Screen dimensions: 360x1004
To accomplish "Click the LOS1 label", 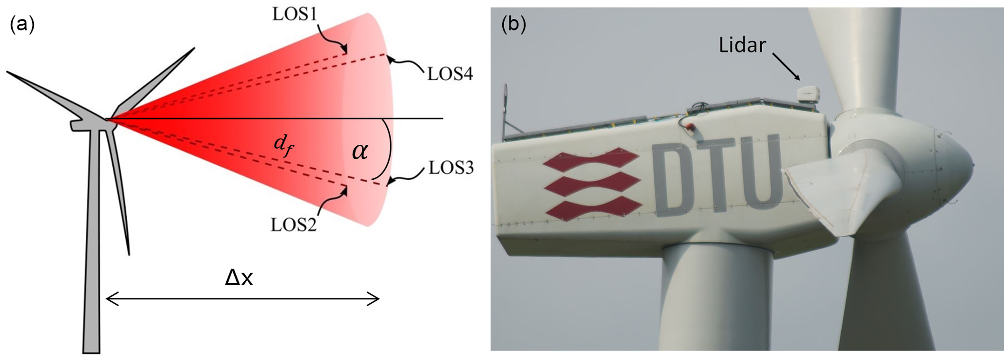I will pos(294,14).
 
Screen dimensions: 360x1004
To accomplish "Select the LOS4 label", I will pos(450,74).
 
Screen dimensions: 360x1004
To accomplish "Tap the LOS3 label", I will pos(451,168).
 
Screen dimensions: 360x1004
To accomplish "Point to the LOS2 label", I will pos(293,225).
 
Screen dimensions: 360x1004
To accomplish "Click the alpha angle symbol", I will pos(360,151).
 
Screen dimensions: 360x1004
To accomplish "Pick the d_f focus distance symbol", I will pos(283,145).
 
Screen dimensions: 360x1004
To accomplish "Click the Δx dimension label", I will pos(239,277).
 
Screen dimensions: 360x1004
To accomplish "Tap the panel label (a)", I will pos(22,24).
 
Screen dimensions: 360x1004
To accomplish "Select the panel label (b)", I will pos(513,24).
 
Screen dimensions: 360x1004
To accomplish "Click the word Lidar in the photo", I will pos(742,45).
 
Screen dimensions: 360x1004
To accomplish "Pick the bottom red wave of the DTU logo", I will pos(592,209).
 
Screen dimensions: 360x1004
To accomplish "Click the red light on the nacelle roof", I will pos(691,128).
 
